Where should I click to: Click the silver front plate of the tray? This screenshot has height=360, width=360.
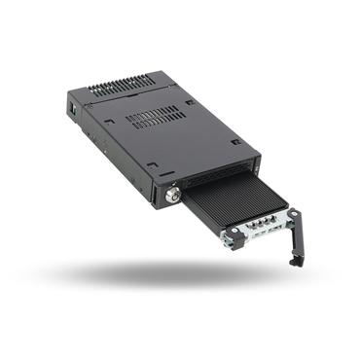pos(258,234)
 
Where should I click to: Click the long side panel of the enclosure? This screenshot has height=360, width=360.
pos(112,157)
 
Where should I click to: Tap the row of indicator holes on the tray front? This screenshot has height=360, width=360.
pos(256,233)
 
